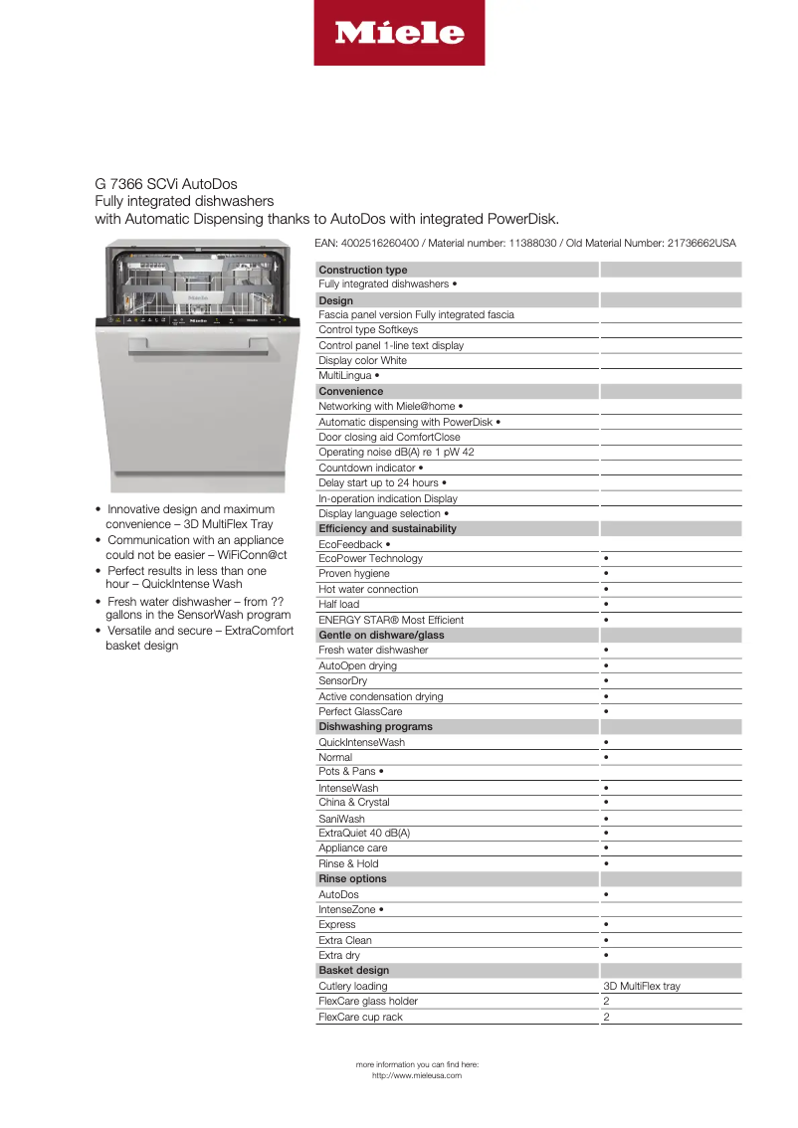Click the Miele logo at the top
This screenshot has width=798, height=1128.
pyautogui.click(x=399, y=34)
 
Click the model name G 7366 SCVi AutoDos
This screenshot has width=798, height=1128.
pyautogui.click(x=166, y=184)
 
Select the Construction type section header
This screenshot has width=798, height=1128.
pyautogui.click(x=363, y=270)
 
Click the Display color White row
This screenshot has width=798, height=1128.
pyautogui.click(x=362, y=361)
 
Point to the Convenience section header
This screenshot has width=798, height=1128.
pyautogui.click(x=350, y=391)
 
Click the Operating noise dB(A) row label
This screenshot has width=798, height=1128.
pyautogui.click(x=396, y=452)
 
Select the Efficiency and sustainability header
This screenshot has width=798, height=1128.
pyautogui.click(x=388, y=528)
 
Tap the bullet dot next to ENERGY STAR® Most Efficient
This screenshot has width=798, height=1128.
pyautogui.click(x=606, y=620)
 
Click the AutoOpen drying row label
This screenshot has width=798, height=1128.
pyautogui.click(x=357, y=665)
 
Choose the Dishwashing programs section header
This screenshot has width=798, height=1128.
pyautogui.click(x=375, y=726)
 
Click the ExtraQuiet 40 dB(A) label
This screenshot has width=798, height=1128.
pyautogui.click(x=364, y=833)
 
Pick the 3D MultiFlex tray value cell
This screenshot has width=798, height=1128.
pyautogui.click(x=642, y=986)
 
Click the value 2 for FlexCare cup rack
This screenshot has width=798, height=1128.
pyautogui.click(x=606, y=1017)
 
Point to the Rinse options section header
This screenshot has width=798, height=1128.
pyautogui.click(x=352, y=878)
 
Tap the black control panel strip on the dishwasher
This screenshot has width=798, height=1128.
pyautogui.click(x=198, y=321)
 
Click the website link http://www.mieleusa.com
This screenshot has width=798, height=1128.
pyautogui.click(x=417, y=1075)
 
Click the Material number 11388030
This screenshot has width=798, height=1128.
pyautogui.click(x=537, y=243)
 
